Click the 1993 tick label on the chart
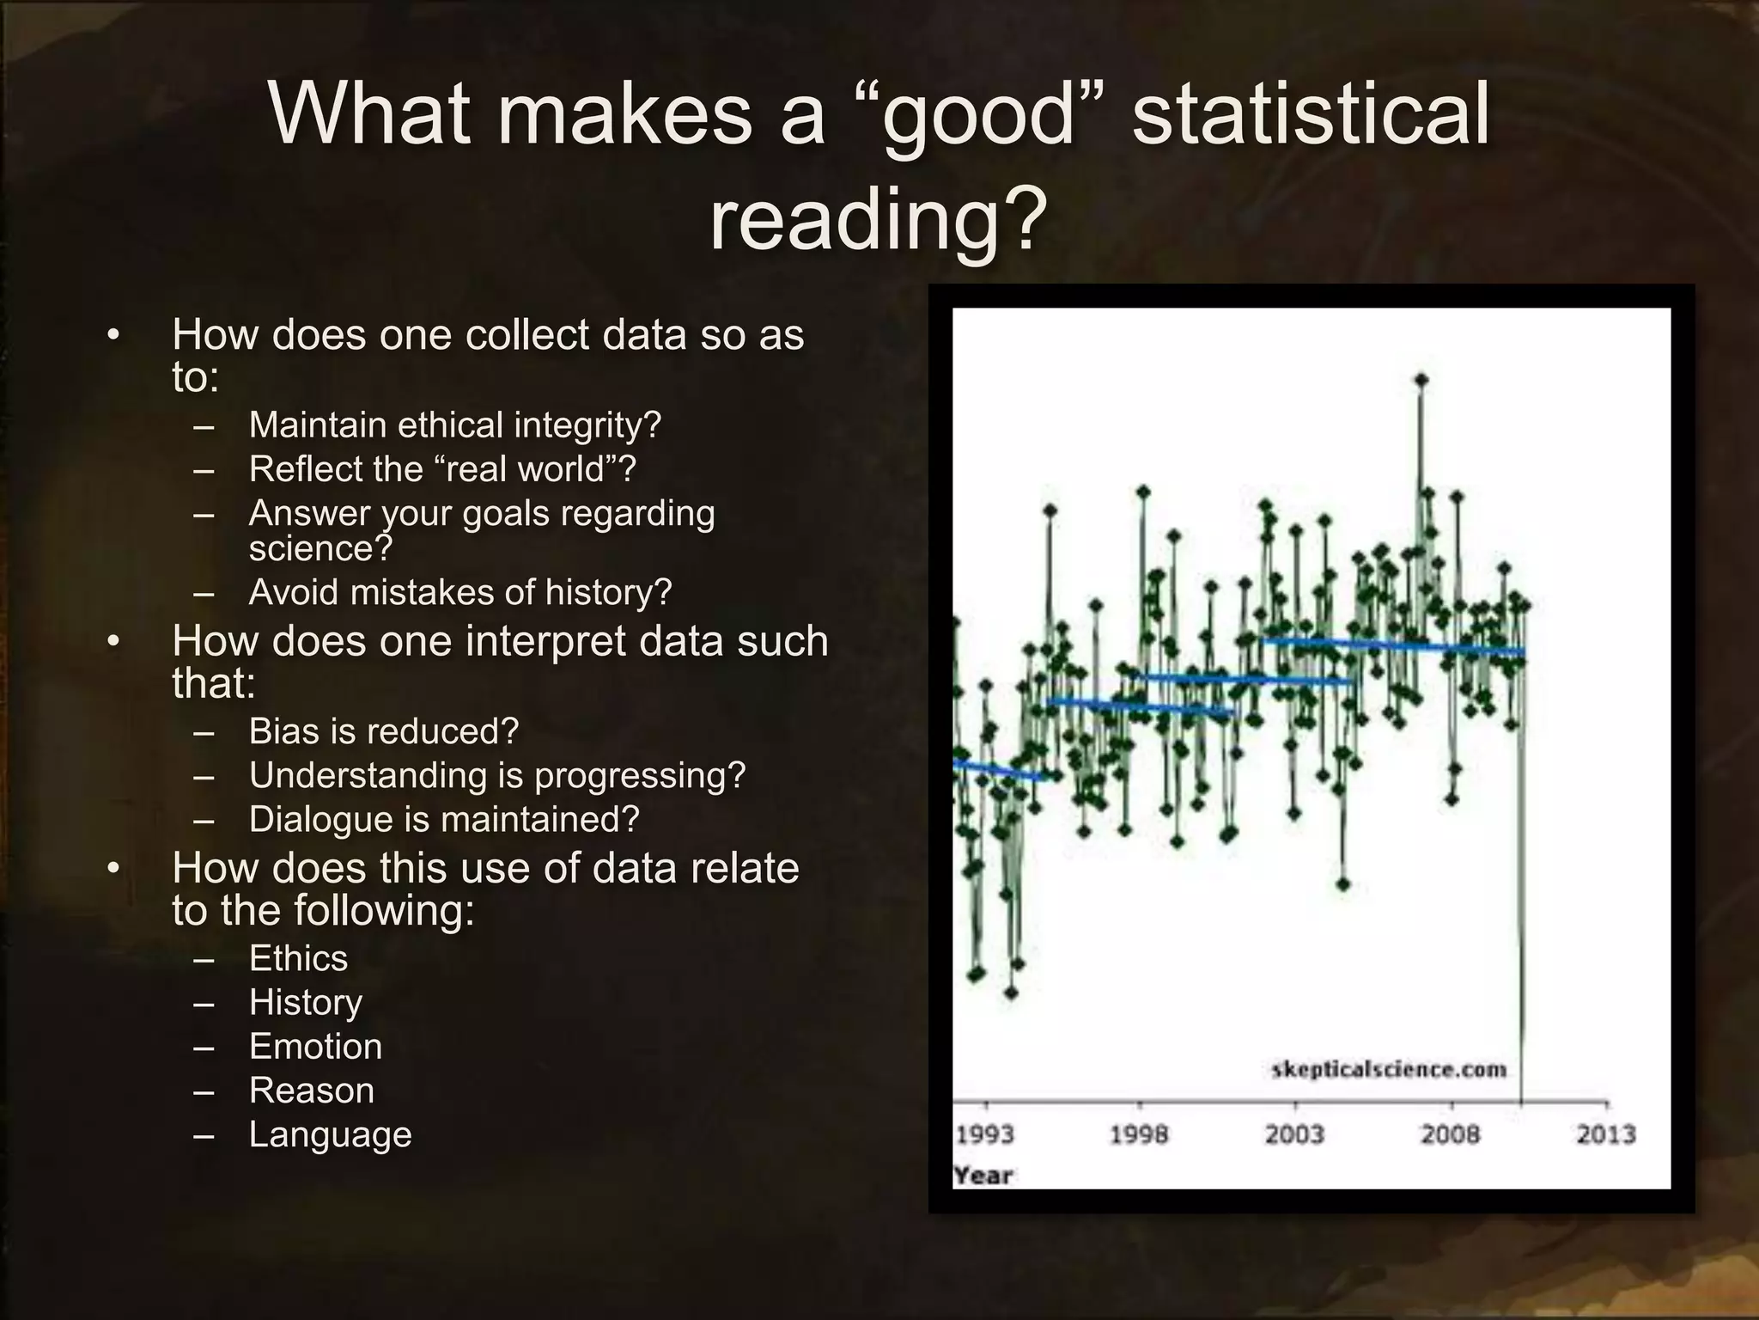tap(985, 1135)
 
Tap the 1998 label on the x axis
tap(1139, 1135)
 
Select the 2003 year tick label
tap(1294, 1135)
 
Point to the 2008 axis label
tap(1451, 1135)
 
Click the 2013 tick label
tap(1605, 1135)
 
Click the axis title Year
tap(983, 1175)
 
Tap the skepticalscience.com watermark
tap(1389, 1070)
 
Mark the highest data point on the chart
tap(1421, 379)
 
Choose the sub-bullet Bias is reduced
tap(384, 731)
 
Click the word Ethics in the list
tap(298, 958)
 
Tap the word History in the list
tap(306, 1002)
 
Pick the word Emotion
tap(315, 1047)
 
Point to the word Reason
tap(312, 1091)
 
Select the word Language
tap(331, 1135)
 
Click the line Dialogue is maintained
tap(444, 819)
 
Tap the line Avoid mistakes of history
tap(460, 592)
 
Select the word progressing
tap(639, 776)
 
